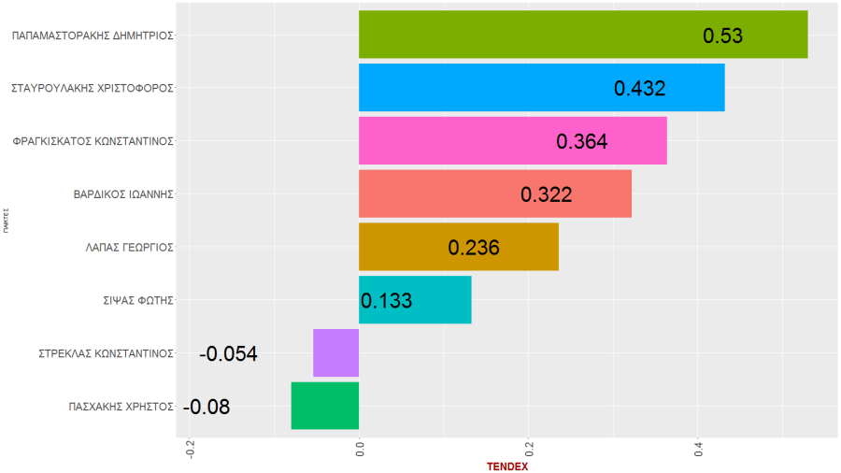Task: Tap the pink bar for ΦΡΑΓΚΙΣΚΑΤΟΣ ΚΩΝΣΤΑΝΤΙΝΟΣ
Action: pos(449,140)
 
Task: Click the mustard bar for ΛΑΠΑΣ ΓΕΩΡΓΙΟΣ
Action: pos(402,247)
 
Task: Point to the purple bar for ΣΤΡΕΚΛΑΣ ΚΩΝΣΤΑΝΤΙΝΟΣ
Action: pos(336,352)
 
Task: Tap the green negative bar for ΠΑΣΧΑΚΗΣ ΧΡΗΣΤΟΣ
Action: pos(325,406)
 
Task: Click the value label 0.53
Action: pos(722,36)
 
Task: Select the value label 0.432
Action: pos(639,88)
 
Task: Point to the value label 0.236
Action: pos(474,248)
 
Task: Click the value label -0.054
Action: pos(228,354)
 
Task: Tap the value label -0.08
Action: pos(206,407)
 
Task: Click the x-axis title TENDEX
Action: pos(507,466)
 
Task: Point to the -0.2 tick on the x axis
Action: pos(191,450)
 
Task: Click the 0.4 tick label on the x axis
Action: pos(698,450)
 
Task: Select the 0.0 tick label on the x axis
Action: pos(361,450)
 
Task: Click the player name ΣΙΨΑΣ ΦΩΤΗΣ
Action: pos(138,300)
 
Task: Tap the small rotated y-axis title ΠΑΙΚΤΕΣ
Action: pos(6,221)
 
